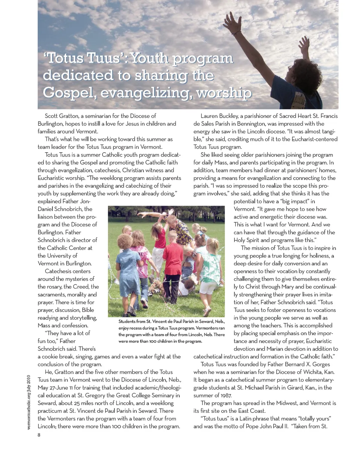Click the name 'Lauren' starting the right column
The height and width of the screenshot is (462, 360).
coord(210,116)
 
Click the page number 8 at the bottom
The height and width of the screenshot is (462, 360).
coord(39,435)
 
